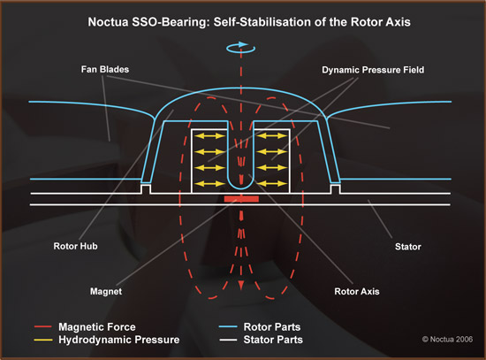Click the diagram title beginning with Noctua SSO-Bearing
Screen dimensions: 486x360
[249, 22]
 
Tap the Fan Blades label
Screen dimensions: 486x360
[105, 69]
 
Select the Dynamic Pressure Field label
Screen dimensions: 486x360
[373, 70]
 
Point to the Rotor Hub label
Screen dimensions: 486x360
[75, 246]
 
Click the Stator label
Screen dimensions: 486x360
[408, 247]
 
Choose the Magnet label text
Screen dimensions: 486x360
[106, 291]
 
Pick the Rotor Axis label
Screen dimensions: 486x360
[357, 291]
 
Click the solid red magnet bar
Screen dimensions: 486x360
[241, 199]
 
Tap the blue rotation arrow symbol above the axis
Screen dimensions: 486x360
[241, 48]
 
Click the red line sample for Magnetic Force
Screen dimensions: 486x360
[43, 326]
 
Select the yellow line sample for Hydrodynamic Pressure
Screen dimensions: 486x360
[43, 340]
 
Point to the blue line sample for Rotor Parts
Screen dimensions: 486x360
[228, 326]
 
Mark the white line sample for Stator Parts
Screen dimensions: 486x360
[228, 340]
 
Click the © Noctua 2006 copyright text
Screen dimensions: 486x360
[447, 339]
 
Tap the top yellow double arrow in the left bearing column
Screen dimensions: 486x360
[209, 135]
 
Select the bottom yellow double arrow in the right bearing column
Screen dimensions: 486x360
[272, 183]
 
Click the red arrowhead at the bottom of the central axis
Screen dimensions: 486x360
[241, 285]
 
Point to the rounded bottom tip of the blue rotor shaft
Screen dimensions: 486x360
[241, 188]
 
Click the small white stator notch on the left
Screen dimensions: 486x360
[146, 188]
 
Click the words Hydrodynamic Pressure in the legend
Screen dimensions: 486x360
[119, 340]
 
